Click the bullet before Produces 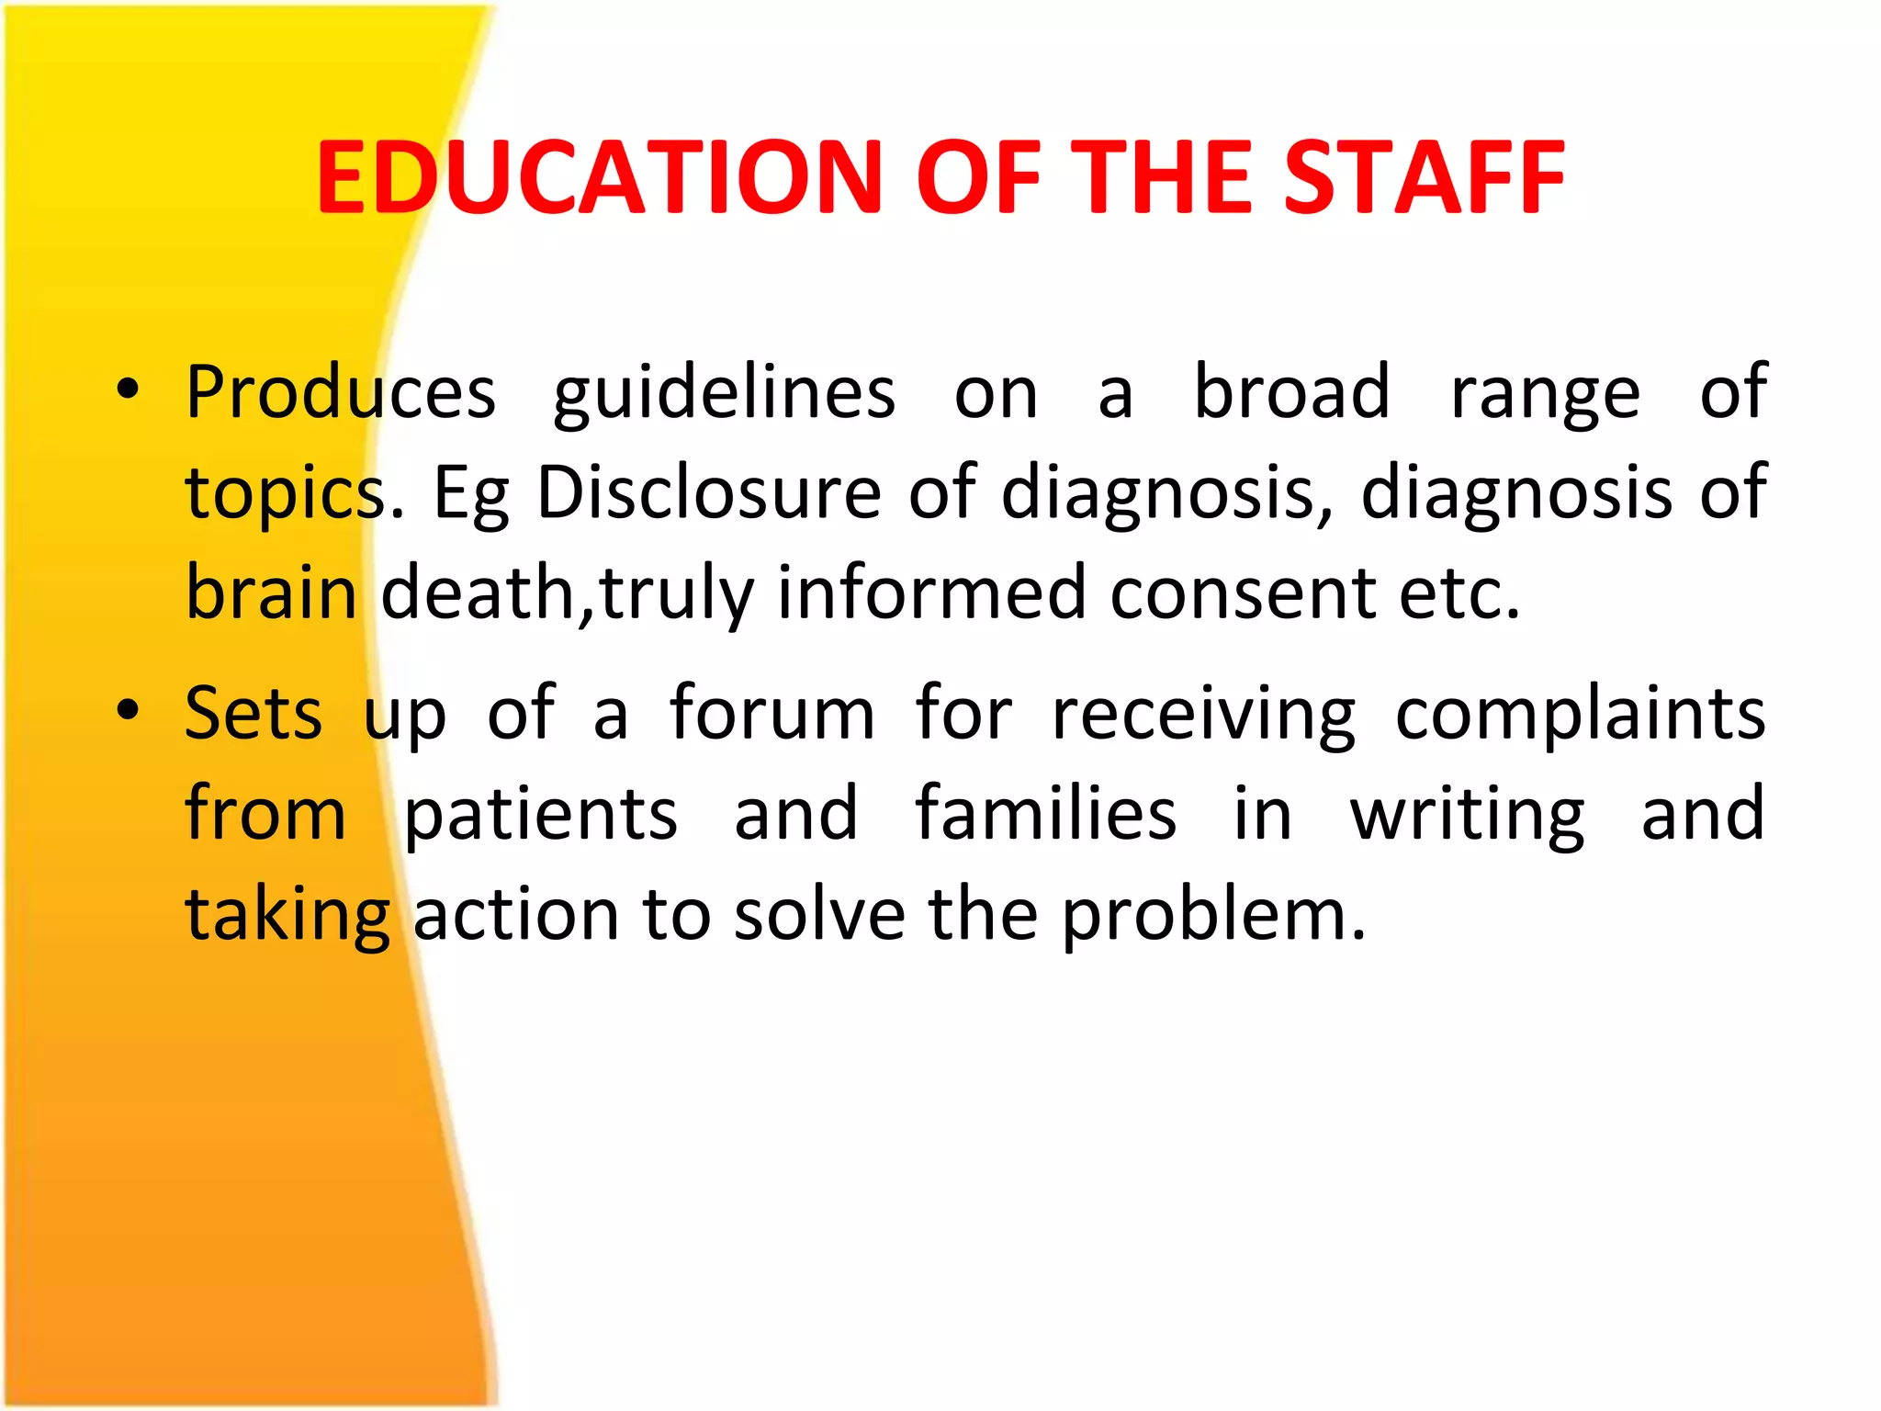pos(128,389)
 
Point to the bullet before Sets pos(128,710)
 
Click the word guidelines pos(724,393)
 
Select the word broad pos(1291,391)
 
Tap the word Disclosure pos(709,492)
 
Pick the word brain pos(271,593)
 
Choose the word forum pos(772,713)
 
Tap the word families pos(1045,813)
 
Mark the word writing pos(1467,815)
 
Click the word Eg pos(470,494)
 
